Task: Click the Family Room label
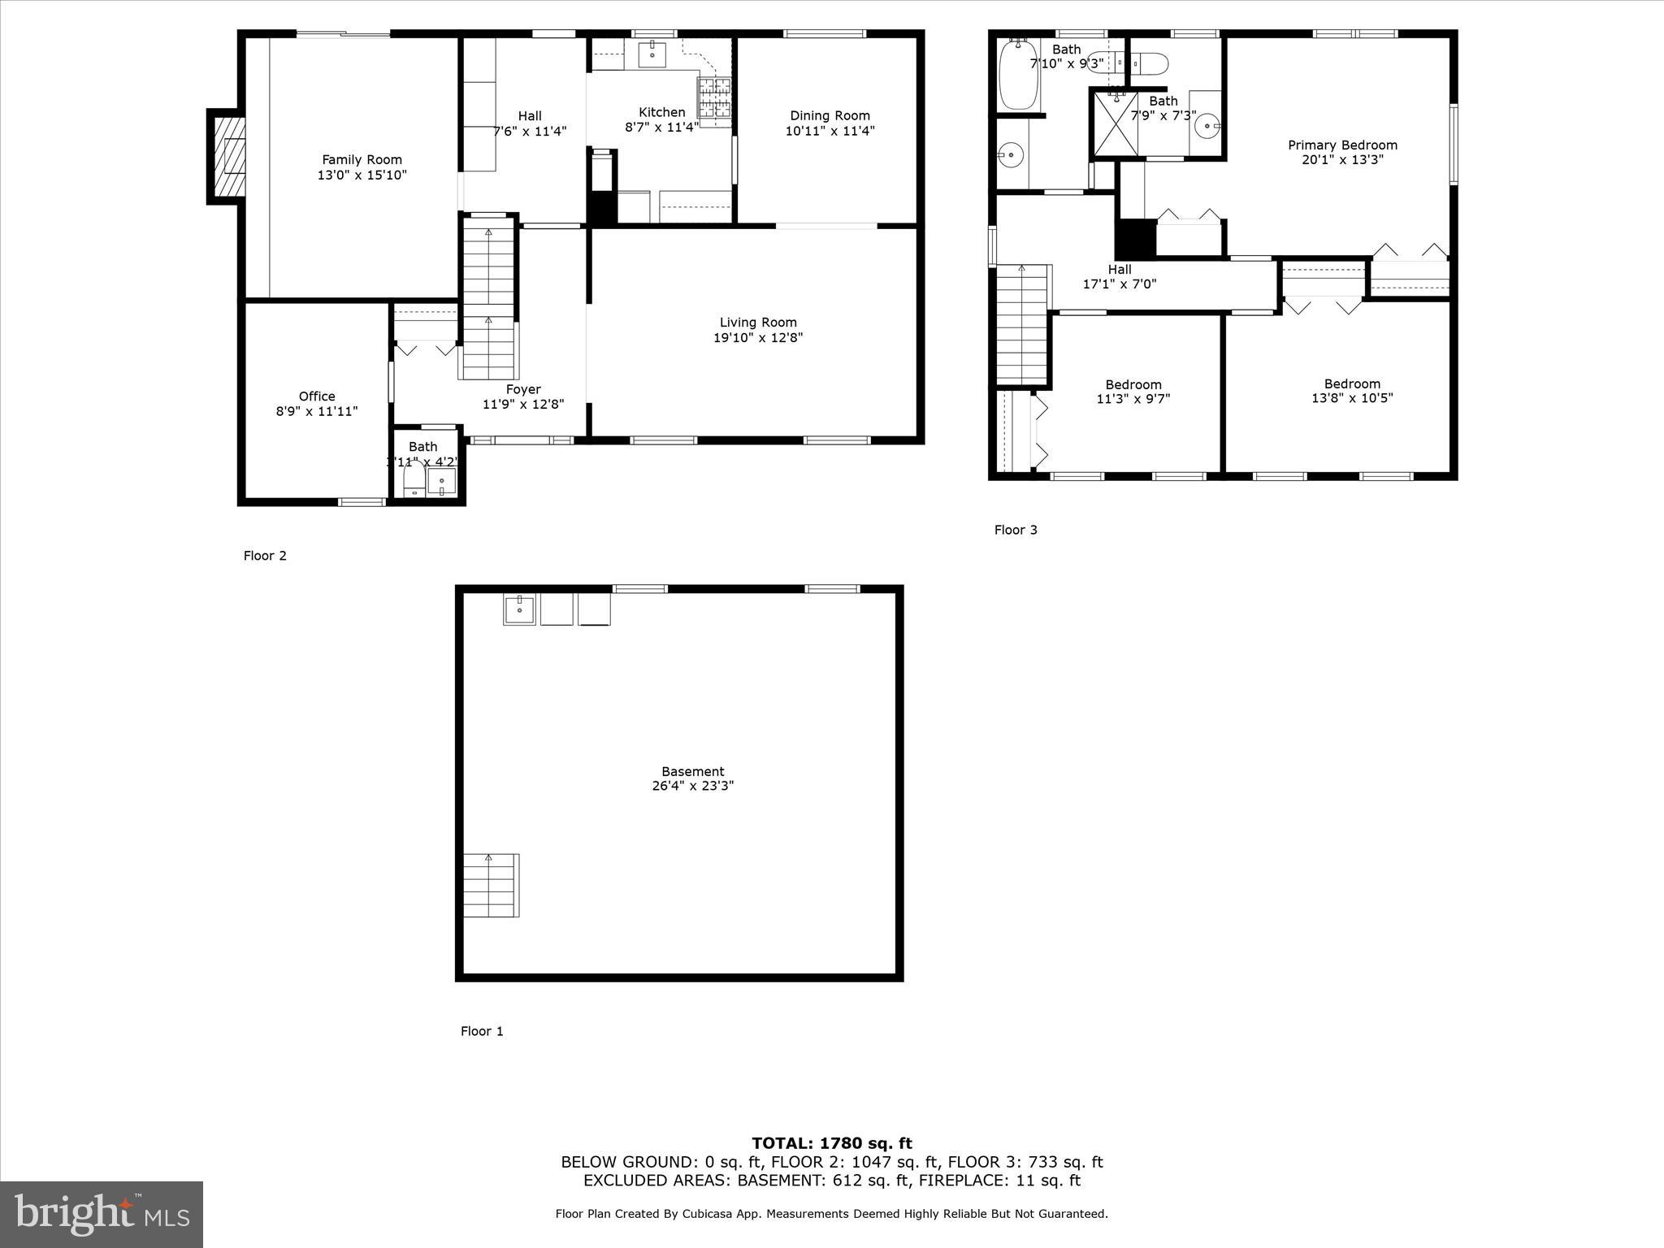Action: tap(362, 160)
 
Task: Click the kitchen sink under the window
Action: tap(652, 55)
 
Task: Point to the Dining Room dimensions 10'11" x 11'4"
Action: tap(830, 131)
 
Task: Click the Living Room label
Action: tap(757, 323)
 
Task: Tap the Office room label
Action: tap(317, 396)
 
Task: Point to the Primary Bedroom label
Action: tap(1342, 145)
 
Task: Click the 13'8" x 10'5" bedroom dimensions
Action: tap(1352, 398)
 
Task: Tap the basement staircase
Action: tap(491, 885)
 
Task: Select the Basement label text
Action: tap(692, 771)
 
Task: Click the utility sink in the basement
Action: tap(519, 609)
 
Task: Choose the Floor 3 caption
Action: tap(1016, 530)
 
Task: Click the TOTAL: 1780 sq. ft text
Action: tap(831, 1143)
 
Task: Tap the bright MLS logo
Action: tap(102, 1214)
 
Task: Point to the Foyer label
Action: tap(523, 389)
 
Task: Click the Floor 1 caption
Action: tap(482, 1031)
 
